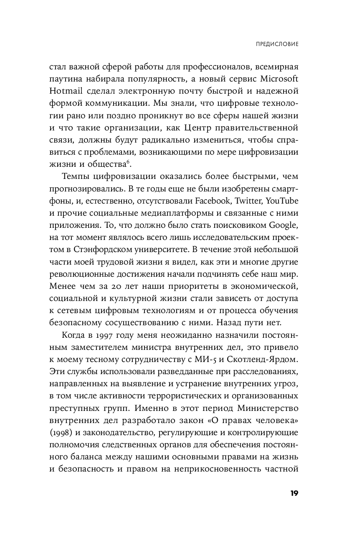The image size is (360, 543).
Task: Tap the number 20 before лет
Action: pyautogui.click(x=119, y=287)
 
